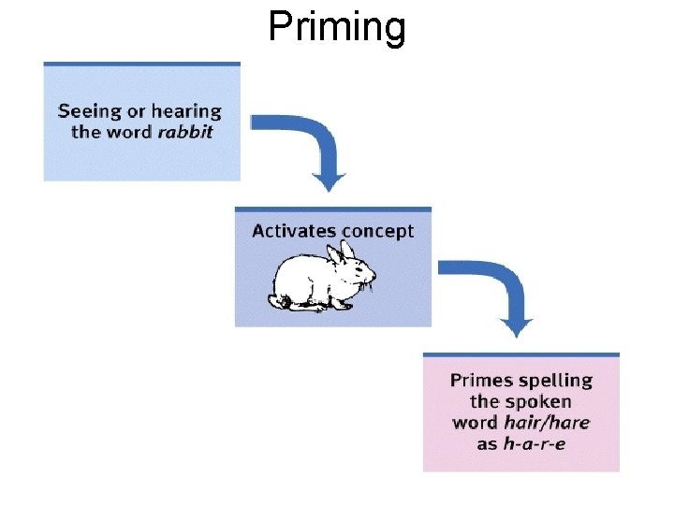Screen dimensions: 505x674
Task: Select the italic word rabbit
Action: (x=184, y=132)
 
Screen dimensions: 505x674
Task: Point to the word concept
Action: (x=377, y=231)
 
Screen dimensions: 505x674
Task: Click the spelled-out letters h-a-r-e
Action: (x=535, y=442)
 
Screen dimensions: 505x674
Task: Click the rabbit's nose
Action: (x=374, y=278)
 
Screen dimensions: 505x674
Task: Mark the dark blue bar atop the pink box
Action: (x=520, y=354)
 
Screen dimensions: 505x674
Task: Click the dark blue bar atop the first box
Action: (x=141, y=64)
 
